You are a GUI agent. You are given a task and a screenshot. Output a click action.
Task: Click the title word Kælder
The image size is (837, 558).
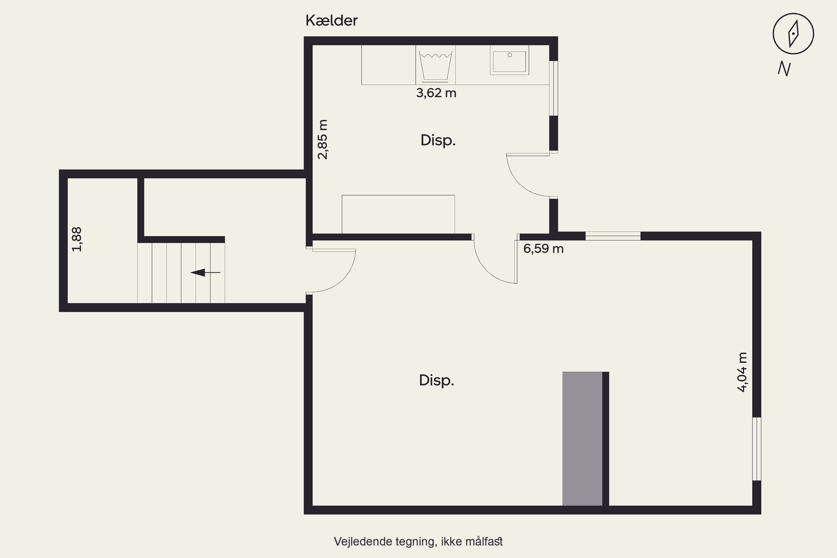coord(331,21)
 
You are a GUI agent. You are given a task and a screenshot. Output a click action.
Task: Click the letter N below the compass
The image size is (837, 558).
coord(784,69)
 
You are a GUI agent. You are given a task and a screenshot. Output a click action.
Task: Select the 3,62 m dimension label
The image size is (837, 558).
coord(436,93)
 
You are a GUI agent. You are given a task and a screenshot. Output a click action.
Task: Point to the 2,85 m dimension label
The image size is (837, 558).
coord(323,139)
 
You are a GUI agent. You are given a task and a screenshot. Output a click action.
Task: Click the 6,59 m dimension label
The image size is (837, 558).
coord(543,248)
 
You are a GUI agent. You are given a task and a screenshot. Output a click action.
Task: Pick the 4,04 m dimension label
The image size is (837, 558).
coord(742,372)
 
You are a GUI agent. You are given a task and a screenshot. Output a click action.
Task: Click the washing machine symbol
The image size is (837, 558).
coord(436,65)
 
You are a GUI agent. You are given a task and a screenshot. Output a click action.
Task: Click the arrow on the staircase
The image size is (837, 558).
coord(205,273)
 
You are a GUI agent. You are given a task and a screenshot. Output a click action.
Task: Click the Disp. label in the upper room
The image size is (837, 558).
coord(438,141)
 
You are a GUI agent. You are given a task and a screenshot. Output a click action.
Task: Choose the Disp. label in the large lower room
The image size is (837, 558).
coord(437,381)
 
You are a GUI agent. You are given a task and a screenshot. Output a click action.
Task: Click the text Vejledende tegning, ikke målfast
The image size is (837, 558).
coord(418,542)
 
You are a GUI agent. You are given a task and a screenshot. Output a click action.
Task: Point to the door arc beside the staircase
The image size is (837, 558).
coord(343,280)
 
